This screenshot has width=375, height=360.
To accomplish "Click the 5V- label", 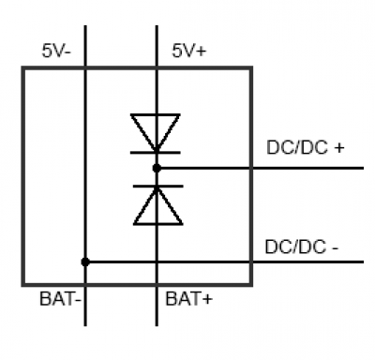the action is (x=56, y=51).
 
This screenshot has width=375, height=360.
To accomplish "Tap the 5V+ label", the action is (x=189, y=51).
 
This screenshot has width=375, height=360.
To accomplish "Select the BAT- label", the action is (x=60, y=298).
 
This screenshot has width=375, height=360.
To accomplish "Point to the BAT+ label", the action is (x=188, y=298).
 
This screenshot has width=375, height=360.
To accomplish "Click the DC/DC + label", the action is (x=306, y=147).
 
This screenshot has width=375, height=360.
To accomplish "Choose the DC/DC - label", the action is (x=301, y=247).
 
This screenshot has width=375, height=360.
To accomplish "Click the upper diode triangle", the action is (x=156, y=132).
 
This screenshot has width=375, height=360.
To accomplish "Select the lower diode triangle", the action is (x=157, y=206).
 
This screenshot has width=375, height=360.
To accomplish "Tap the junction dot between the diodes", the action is (x=157, y=168).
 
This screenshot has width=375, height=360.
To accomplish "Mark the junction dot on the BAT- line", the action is (x=85, y=262).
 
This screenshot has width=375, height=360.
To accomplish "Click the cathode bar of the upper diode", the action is (x=156, y=153).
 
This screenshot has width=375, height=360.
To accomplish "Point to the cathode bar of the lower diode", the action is (x=157, y=187).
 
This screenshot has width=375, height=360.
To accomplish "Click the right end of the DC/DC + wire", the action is (x=364, y=168).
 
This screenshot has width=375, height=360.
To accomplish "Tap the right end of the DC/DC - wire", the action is (x=364, y=262).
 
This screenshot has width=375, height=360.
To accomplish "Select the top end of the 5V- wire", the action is (x=85, y=26).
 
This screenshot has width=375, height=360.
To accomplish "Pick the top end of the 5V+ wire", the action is (x=157, y=26).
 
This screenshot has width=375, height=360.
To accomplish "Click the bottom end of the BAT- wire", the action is (x=85, y=325).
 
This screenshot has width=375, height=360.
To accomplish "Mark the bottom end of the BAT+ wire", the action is (x=157, y=325).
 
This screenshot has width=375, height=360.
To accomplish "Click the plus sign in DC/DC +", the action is (x=338, y=148).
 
